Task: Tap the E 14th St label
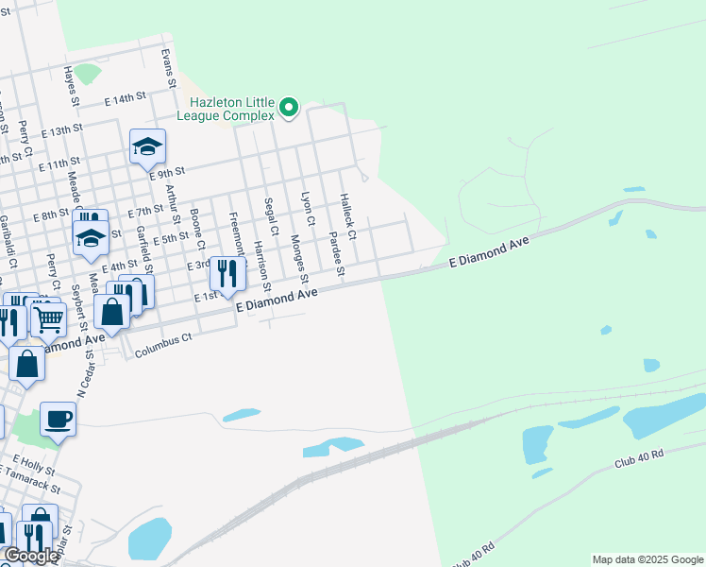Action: [126, 97]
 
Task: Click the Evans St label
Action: [168, 68]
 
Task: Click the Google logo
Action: [30, 556]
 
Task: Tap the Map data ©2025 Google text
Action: [647, 559]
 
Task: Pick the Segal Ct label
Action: [271, 216]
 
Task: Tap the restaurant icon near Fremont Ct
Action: [227, 273]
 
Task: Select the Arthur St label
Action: [171, 208]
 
